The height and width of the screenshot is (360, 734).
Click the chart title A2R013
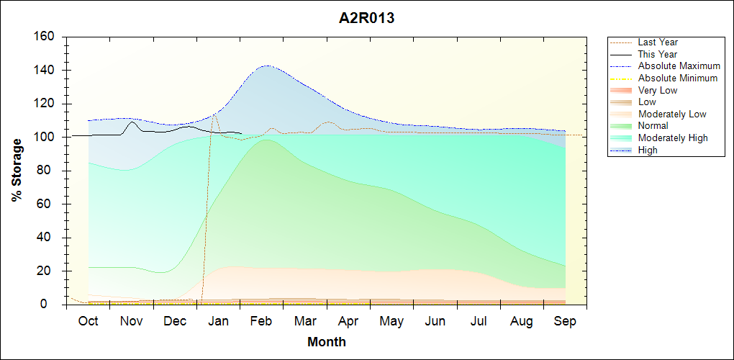366,19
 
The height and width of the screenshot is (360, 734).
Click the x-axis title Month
327,342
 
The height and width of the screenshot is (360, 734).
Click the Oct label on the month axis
88,321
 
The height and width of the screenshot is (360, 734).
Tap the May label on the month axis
391,321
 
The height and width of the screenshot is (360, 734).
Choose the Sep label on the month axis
565,321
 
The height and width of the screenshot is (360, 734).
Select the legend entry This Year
657,54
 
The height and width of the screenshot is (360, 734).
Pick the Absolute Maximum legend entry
679,66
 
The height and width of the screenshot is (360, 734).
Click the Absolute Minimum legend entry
677,78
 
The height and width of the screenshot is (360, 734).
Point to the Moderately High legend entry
673,138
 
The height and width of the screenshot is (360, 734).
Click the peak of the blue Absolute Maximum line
267,66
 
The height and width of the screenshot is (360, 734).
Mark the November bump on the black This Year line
132,122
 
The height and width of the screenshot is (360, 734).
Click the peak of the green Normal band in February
267,140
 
